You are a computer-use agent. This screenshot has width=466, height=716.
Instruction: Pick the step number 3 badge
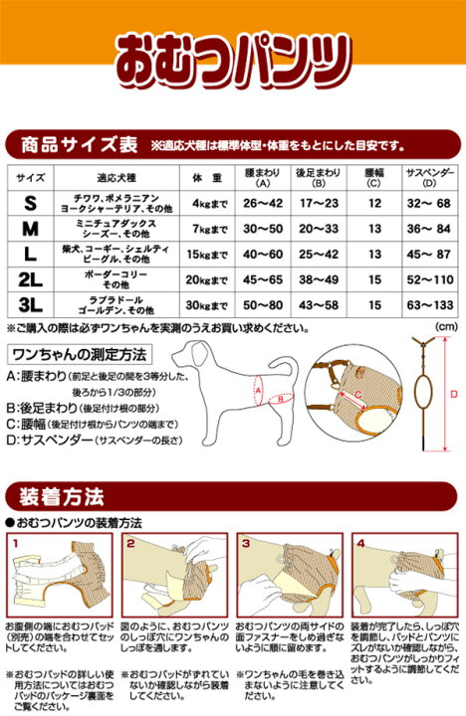tap(244, 543)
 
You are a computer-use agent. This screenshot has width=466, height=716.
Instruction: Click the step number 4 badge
tap(360, 543)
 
